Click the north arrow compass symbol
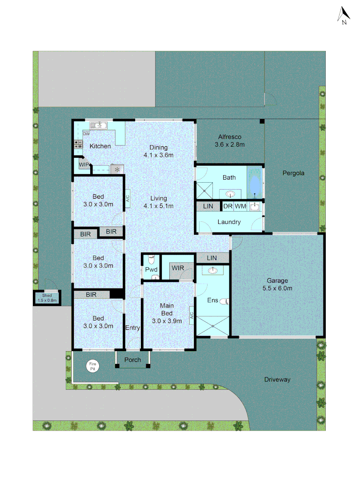coord(344,16)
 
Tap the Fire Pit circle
coord(93,366)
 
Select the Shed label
coord(47,298)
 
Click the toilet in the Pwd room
coord(151,259)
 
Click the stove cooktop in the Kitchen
coord(78,144)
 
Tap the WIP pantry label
coord(84,164)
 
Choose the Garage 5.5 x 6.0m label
coord(277,284)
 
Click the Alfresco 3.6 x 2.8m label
coord(230,140)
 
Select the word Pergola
coord(293,173)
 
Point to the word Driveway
coord(277,380)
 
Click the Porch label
coord(132,360)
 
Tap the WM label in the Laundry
coord(240,206)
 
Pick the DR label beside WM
coord(228,206)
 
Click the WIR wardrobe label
coord(178,268)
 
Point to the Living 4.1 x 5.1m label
coord(158,202)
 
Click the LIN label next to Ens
coord(212,258)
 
